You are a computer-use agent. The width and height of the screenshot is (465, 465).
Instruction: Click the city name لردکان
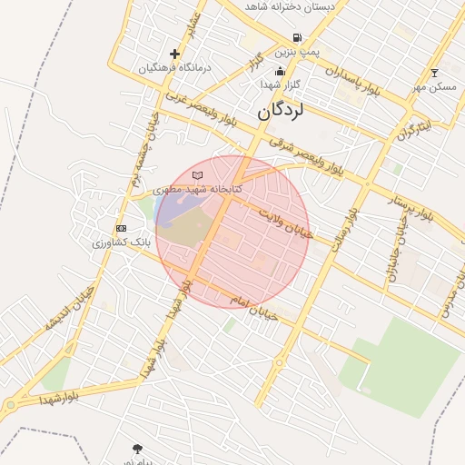pos(282,111)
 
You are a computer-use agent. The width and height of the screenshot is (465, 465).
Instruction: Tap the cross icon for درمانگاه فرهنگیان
pos(175,54)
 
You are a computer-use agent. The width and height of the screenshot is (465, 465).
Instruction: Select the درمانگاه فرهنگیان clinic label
pos(175,68)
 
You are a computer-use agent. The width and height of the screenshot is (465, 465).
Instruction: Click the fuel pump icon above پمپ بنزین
pos(297,38)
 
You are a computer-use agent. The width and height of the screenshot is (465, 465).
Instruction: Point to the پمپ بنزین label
pos(299,53)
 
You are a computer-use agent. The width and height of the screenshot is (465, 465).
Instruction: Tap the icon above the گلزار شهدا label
pos(279,71)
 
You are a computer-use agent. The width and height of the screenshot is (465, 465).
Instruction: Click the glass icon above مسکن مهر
pos(434,73)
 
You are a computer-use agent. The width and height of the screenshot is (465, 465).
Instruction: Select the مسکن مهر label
pos(434,87)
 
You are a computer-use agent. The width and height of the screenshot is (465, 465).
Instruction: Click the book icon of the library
pos(197,175)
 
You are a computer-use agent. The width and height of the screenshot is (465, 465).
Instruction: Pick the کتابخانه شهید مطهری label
pos(197,189)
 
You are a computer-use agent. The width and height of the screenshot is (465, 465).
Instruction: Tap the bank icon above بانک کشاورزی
pos(121,229)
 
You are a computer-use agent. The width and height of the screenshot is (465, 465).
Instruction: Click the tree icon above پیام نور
pos(137,449)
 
